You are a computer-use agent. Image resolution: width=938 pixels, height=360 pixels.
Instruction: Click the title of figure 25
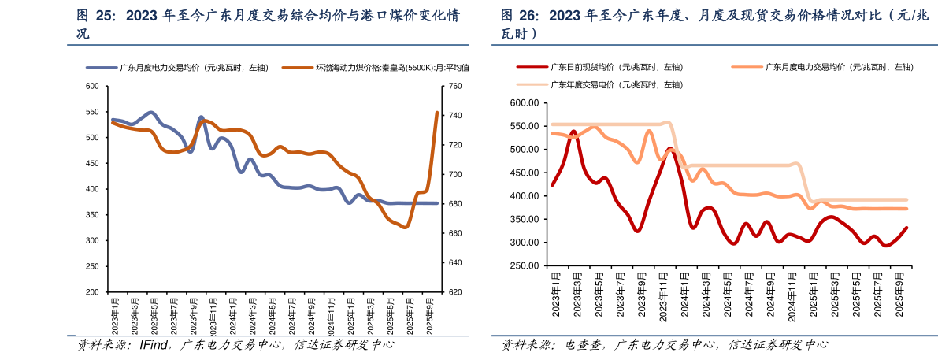[268, 24]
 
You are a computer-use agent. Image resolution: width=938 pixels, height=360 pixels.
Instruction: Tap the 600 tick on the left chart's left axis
[92, 86]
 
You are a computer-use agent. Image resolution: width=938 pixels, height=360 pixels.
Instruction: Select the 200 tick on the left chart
[92, 292]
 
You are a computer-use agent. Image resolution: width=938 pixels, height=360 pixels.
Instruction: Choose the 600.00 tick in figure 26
[524, 103]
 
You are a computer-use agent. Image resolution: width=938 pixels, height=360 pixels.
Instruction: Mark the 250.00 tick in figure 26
[524, 265]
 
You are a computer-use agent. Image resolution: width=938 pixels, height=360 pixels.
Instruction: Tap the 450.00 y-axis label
[524, 173]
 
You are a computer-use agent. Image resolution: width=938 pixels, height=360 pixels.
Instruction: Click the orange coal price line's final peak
[437, 113]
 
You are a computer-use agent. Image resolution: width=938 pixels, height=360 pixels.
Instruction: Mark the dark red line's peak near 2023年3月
[573, 132]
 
